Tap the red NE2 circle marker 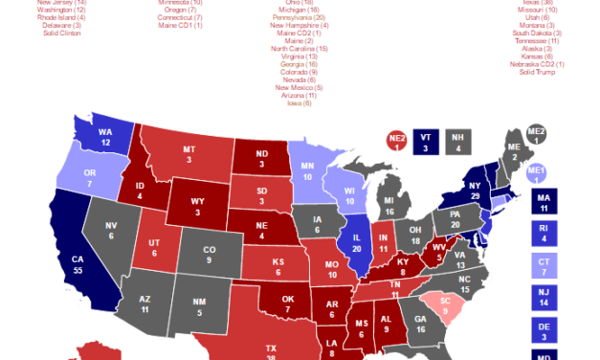[x=396, y=142]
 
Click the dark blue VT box [x=428, y=142]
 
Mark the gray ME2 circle [x=538, y=135]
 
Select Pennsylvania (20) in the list [x=299, y=18]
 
